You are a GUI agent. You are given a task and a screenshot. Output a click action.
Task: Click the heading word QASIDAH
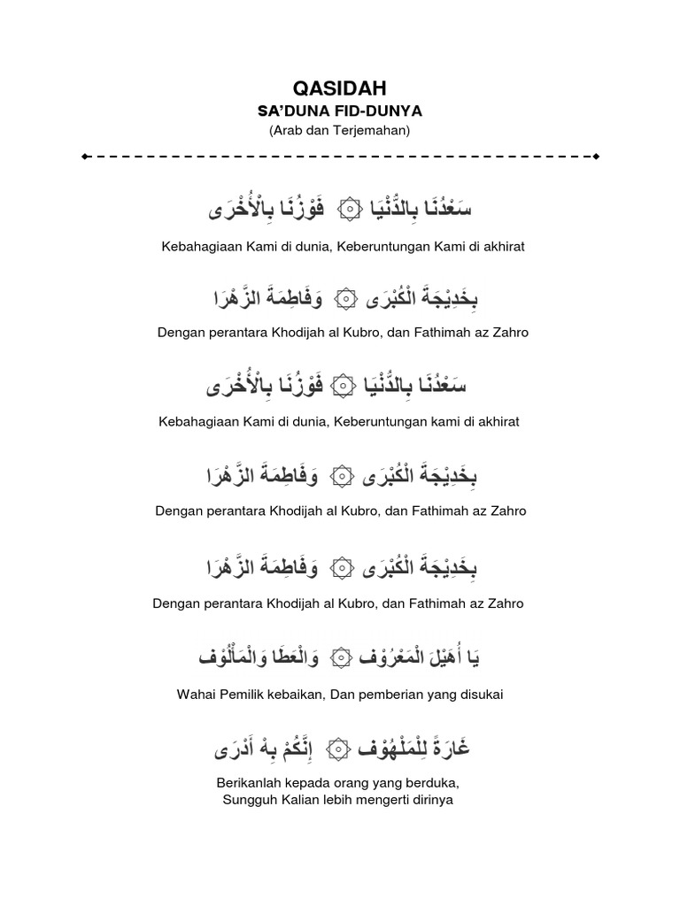pos(339,88)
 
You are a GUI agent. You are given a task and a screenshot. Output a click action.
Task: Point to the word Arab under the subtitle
pos(288,130)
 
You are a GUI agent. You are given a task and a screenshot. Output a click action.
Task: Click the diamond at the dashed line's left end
pos(84,156)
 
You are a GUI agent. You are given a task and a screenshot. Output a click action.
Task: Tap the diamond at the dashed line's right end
pos(596,156)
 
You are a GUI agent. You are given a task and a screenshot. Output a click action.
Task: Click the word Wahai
pos(195,695)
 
